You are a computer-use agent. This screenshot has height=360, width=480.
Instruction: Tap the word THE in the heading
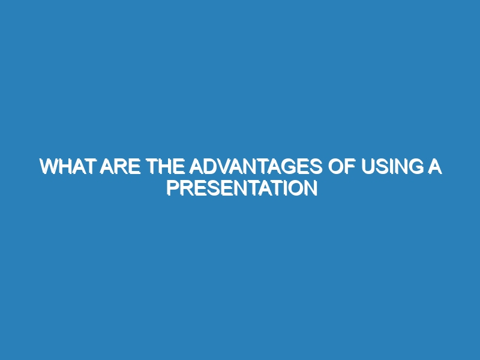(166, 167)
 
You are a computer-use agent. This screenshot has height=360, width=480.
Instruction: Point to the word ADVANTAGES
(256, 167)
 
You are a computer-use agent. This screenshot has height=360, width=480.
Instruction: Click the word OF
(341, 167)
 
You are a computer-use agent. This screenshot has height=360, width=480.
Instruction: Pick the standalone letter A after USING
(434, 167)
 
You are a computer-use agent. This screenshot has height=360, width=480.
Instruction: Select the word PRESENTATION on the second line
(242, 188)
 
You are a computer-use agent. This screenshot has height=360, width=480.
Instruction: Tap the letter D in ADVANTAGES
(211, 167)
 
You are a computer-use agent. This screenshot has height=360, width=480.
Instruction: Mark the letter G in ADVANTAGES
(287, 167)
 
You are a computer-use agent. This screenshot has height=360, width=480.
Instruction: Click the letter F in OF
(350, 167)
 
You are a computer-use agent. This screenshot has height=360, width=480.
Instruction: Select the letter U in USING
(368, 167)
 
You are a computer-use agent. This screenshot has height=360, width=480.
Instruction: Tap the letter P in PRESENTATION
(173, 188)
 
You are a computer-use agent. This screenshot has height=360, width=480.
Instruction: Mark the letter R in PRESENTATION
(187, 188)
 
